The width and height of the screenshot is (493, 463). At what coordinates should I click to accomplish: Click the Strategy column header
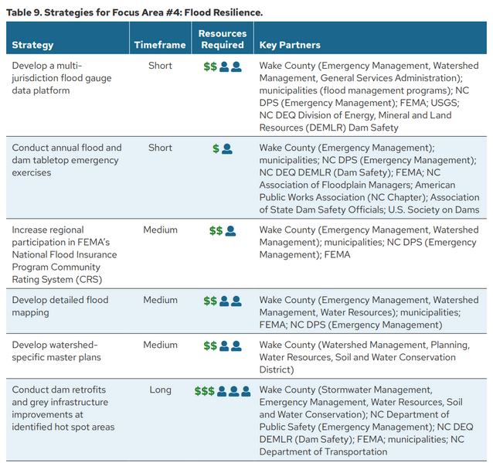[32, 45]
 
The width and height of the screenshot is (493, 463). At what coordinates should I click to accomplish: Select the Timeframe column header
[160, 45]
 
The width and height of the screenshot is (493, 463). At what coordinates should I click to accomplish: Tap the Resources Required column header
[223, 39]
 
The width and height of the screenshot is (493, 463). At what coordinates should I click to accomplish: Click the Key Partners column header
[290, 45]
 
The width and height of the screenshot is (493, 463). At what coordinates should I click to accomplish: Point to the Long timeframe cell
[160, 390]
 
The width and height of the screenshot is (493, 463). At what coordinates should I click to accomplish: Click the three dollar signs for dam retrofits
[205, 391]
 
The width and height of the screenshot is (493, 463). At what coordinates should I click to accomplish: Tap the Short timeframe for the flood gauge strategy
[160, 66]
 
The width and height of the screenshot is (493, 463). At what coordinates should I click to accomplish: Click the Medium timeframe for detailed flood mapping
[160, 300]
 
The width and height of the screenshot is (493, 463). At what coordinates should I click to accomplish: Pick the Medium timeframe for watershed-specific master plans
[160, 345]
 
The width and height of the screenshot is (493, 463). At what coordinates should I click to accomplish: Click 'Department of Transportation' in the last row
[323, 451]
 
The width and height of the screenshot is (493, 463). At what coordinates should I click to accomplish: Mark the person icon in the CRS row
[230, 230]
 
